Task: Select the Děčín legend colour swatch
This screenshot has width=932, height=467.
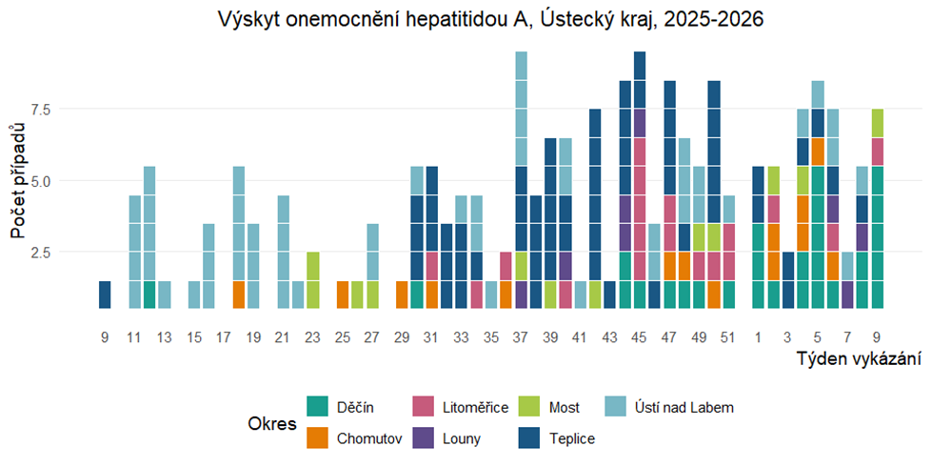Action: pyautogui.click(x=317, y=407)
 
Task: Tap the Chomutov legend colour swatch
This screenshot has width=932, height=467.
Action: pyautogui.click(x=317, y=438)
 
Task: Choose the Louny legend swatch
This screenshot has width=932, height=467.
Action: pyautogui.click(x=423, y=438)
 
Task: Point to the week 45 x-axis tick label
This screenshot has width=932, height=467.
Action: pyautogui.click(x=640, y=337)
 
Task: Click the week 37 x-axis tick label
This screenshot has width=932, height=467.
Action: pyautogui.click(x=521, y=337)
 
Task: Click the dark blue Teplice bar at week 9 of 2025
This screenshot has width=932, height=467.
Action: pyautogui.click(x=105, y=295)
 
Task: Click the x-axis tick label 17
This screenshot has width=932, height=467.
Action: pyautogui.click(x=224, y=337)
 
